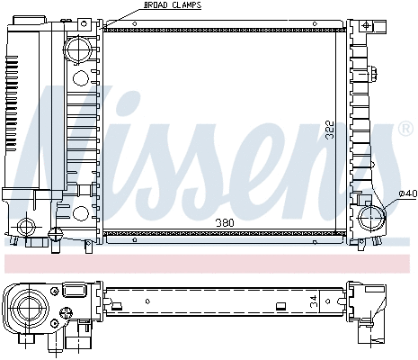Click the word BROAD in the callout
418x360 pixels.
(x=155, y=5)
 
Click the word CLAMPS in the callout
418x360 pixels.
(x=186, y=5)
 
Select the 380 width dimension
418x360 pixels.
(x=227, y=222)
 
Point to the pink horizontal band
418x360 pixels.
(x=209, y=263)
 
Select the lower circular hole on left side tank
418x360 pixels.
(x=80, y=213)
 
